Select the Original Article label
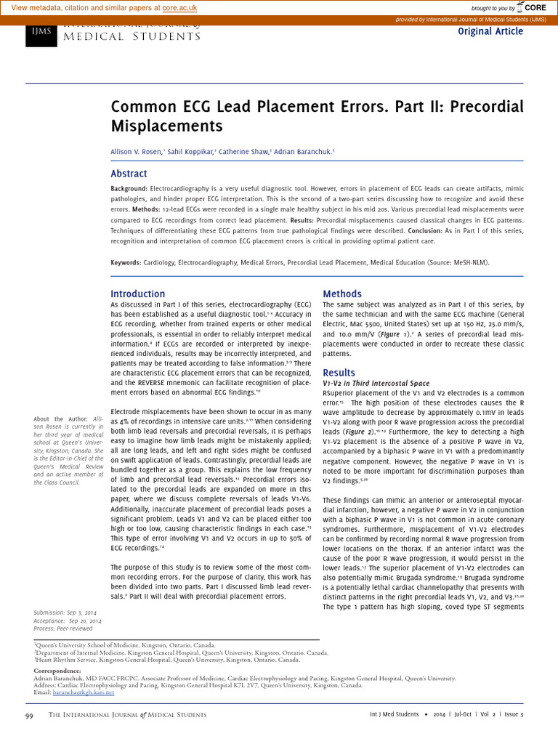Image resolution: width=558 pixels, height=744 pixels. [490, 31]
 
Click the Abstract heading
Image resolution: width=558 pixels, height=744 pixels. [129, 174]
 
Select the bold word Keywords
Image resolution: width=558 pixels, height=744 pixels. [126, 262]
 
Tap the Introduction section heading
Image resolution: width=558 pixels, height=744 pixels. [137, 294]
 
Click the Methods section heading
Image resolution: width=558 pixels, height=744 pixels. [341, 294]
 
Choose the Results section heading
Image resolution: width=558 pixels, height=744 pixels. [339, 373]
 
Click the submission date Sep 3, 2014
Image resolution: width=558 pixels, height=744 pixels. [85, 612]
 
